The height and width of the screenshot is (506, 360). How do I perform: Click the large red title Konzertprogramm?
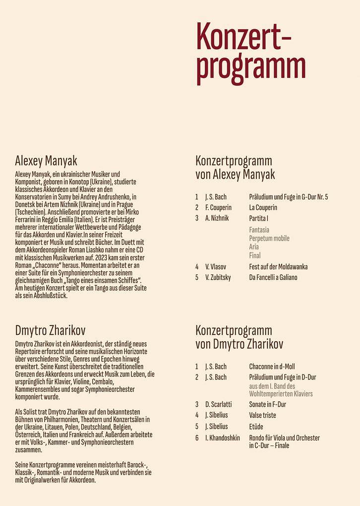(250, 54)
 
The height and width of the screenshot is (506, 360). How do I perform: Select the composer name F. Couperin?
(218, 207)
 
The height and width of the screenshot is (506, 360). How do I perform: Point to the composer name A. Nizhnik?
(217, 218)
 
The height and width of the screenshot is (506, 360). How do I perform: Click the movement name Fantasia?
(259, 230)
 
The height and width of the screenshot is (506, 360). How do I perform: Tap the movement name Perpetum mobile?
(269, 238)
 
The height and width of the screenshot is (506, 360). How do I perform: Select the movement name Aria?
(254, 247)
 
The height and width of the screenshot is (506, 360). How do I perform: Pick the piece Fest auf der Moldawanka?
(278, 266)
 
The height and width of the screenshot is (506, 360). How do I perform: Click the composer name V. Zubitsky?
(218, 277)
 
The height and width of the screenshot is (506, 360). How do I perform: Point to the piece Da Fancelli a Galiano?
(273, 277)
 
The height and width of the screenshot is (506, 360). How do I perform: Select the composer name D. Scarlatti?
(218, 404)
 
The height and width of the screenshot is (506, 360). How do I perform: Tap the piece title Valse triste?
(263, 415)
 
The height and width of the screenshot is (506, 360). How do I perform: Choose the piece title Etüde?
(256, 427)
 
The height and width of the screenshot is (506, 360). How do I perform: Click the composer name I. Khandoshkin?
(222, 438)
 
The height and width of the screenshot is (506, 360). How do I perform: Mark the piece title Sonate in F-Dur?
(268, 404)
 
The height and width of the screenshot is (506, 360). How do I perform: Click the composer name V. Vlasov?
(216, 266)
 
